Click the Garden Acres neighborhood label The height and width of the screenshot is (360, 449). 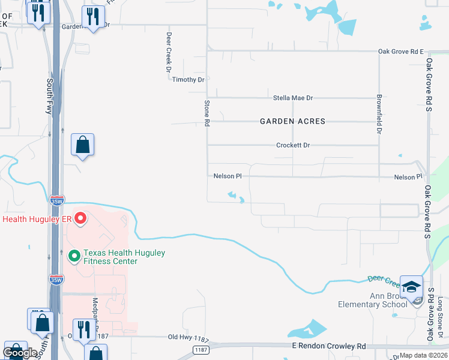point(292,121)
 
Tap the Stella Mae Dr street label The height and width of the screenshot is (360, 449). point(293,98)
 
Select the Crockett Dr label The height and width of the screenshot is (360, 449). point(293,145)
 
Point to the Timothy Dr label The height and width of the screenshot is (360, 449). point(188,80)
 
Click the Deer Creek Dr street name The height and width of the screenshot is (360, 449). point(169,52)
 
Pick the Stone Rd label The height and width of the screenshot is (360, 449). point(206,113)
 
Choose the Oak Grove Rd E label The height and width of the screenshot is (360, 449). point(401,52)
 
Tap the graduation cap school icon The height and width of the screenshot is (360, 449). point(412,287)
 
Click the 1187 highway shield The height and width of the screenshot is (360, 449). point(201,349)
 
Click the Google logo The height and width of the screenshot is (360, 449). point(20,353)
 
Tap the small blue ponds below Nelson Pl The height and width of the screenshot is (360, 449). point(235,196)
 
